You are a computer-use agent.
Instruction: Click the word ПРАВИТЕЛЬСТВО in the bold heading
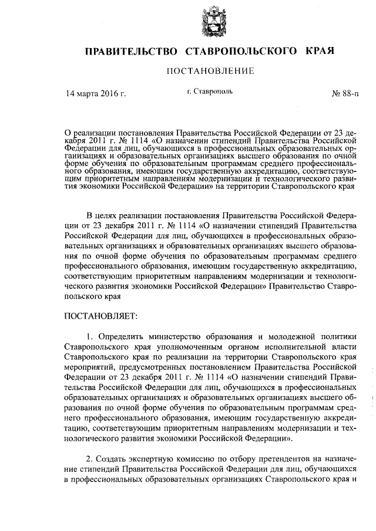[x=130, y=52]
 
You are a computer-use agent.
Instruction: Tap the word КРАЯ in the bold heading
[x=320, y=52]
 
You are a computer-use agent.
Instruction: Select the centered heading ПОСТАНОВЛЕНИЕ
[x=210, y=72]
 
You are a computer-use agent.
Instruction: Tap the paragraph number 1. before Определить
[x=89, y=337]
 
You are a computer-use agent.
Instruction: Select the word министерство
[x=179, y=337]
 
